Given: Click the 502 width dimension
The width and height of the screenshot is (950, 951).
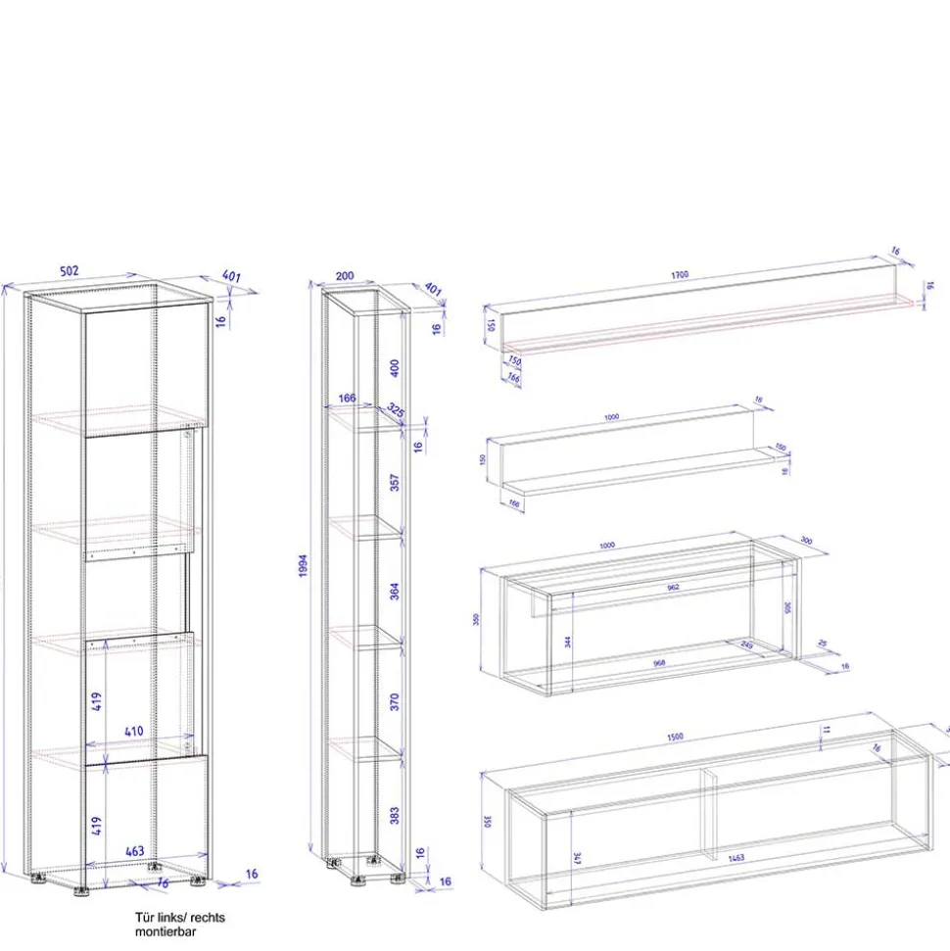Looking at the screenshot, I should pos(68,271).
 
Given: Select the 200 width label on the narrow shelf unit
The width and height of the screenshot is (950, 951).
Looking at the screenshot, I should pos(344,277).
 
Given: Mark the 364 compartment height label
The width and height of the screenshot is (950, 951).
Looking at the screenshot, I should pos(395,591).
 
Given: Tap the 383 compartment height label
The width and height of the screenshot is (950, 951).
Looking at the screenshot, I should pos(395,815).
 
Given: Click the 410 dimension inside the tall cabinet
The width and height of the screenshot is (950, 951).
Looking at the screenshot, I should pos(135,731).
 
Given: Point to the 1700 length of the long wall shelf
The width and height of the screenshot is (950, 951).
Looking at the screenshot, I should pos(679,275).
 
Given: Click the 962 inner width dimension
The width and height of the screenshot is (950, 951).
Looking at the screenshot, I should pos(673,588).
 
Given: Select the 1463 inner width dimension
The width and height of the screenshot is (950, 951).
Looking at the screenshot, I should pos(736,858).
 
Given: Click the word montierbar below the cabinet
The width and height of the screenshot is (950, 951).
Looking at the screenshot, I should pos(166,931).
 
